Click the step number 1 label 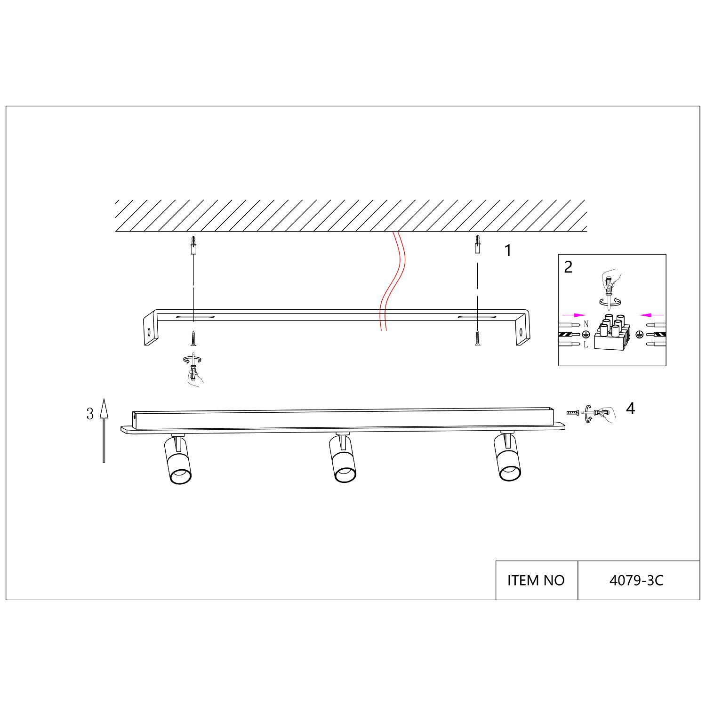point(508,251)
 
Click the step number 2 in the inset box point(568,267)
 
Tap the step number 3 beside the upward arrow point(90,414)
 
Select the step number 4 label point(631,409)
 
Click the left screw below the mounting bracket point(193,338)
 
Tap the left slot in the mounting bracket point(195,317)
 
